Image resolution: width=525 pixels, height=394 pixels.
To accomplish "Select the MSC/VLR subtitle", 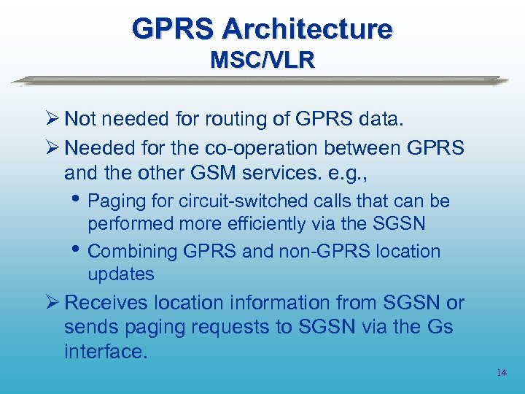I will [x=262, y=59].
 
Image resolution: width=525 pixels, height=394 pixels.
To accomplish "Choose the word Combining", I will [x=132, y=251].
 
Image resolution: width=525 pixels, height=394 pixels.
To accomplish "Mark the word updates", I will [x=121, y=274].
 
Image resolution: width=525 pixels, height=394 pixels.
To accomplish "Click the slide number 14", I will [x=501, y=373].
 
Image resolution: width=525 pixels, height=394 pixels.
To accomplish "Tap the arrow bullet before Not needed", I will [x=52, y=119].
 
